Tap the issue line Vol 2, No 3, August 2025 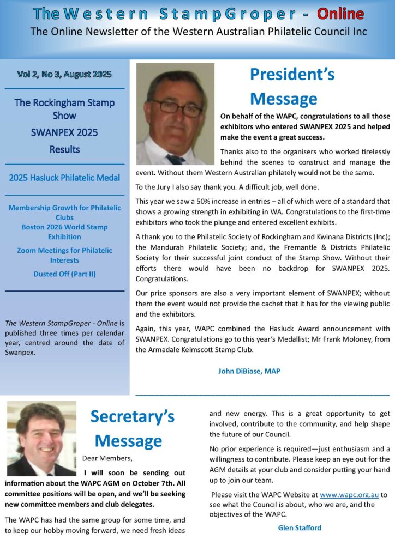[64, 75]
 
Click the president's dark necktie [176, 159]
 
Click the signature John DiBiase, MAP [249, 371]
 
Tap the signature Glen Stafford [300, 527]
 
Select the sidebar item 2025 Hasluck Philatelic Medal [64, 178]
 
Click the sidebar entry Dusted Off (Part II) [64, 274]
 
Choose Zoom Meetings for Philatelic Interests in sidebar [64, 255]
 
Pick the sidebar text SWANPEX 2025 [64, 132]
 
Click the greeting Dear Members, [107, 458]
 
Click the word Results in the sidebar [64, 149]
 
